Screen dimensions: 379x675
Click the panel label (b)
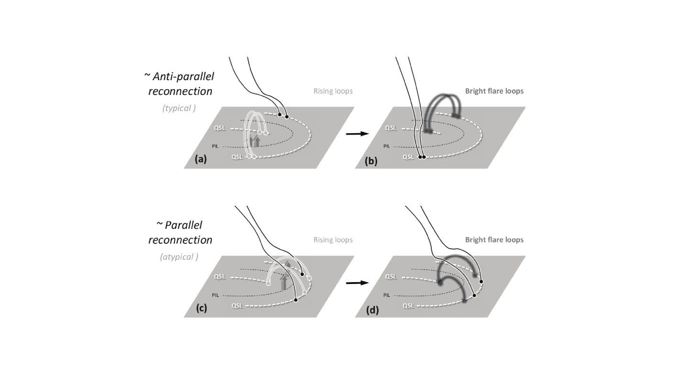coord(371,161)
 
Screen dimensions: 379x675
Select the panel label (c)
coord(201,308)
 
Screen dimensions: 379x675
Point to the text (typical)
coord(179,108)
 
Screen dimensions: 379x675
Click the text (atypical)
coord(179,257)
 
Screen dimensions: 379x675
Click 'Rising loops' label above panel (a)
coord(333,91)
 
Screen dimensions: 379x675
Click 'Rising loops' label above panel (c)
coord(333,240)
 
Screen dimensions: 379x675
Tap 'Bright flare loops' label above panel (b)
coord(494,91)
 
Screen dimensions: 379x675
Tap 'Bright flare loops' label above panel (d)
coord(494,240)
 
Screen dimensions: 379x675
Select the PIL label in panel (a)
coord(216,146)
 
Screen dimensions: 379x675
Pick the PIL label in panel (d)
coord(387,295)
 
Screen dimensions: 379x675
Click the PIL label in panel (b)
coord(387,146)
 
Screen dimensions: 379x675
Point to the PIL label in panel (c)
coord(216,295)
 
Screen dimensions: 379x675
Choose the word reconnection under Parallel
coord(180,240)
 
